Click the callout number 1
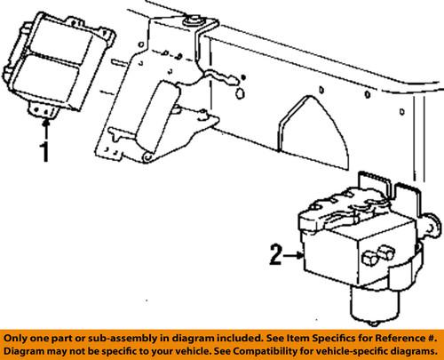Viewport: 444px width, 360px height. point(45,152)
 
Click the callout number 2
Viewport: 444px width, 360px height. point(275,254)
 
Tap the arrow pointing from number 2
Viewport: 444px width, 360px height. point(293,255)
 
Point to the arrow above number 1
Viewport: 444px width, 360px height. point(45,130)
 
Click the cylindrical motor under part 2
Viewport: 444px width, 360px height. point(374,305)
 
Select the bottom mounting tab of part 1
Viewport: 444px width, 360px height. point(44,109)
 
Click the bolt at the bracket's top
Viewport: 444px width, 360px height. point(191,22)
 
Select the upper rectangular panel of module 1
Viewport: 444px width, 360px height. point(61,44)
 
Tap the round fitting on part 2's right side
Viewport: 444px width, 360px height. point(432,228)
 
